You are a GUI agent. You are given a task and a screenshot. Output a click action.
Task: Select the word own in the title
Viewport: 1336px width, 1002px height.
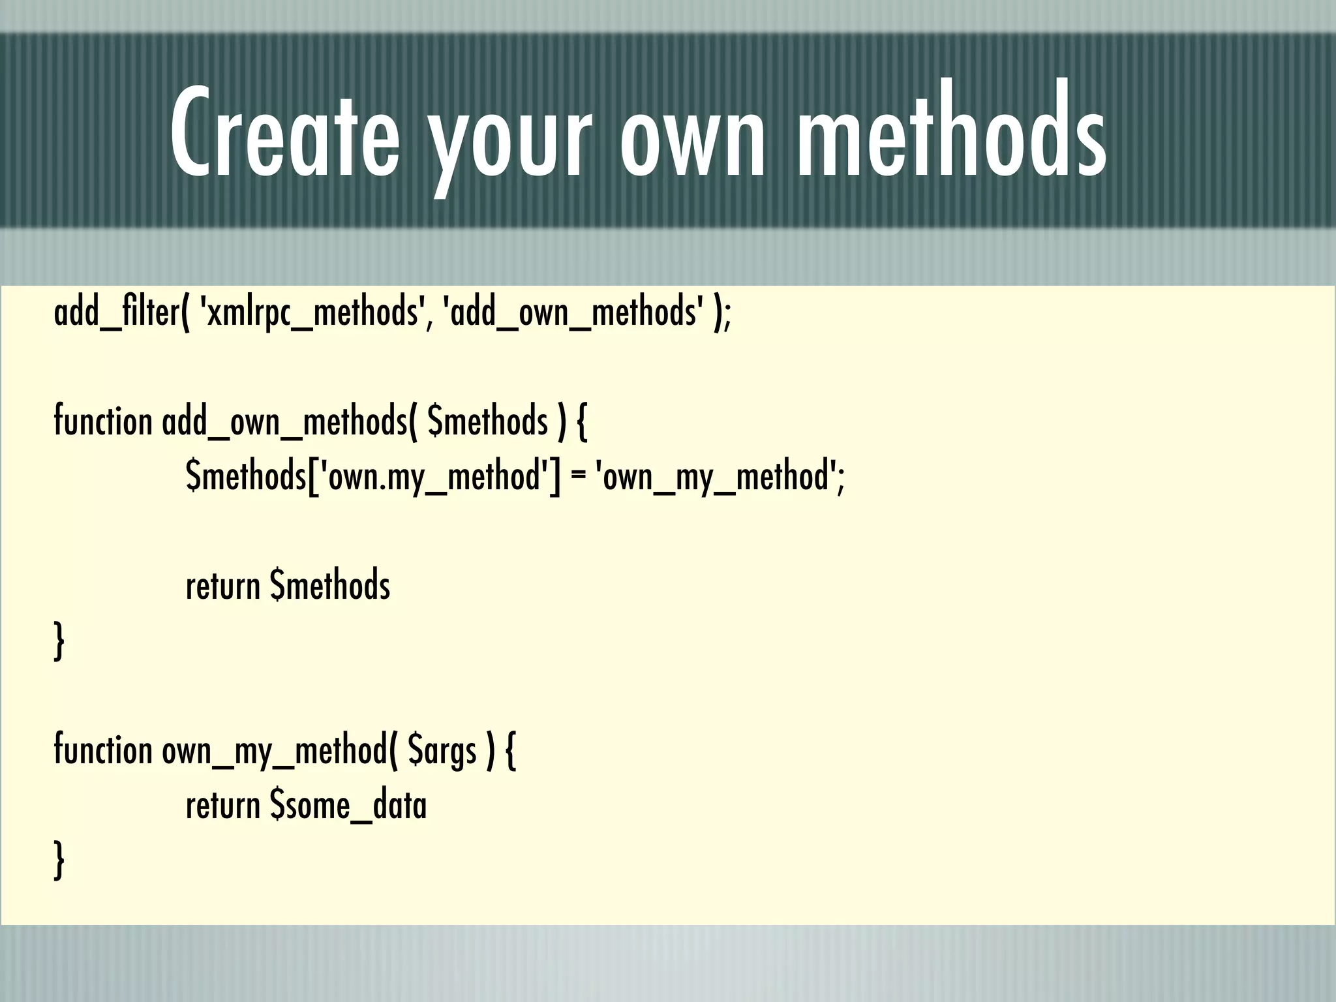click(x=691, y=140)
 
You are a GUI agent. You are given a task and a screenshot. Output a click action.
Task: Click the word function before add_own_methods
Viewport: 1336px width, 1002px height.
click(x=102, y=421)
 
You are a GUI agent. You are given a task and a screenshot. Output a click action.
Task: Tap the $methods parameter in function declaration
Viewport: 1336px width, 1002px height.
click(x=487, y=421)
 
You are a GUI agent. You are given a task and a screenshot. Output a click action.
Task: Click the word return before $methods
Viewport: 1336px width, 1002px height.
click(x=223, y=586)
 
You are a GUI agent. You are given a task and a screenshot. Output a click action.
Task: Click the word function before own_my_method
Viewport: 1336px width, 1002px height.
click(x=102, y=750)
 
